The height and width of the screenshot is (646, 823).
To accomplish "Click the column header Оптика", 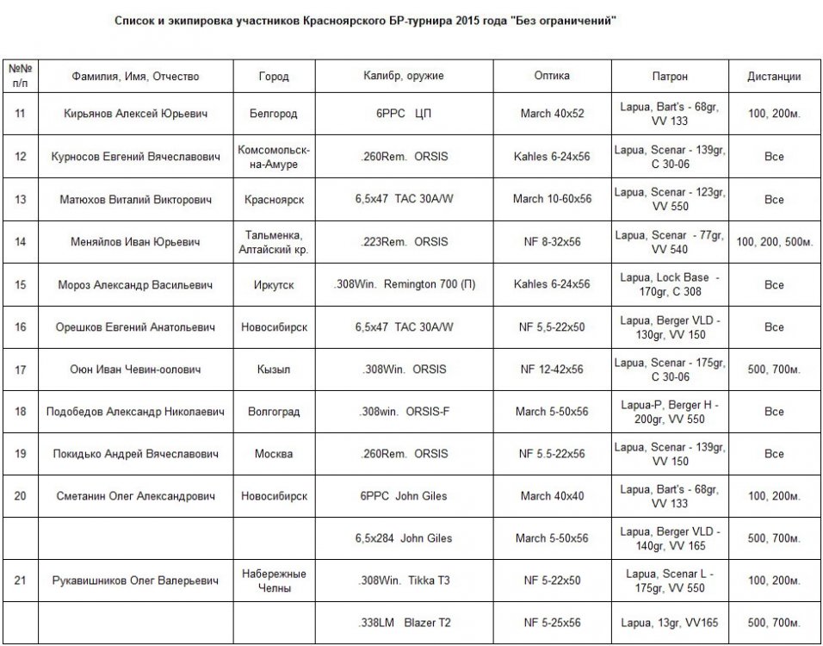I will pyautogui.click(x=551, y=76).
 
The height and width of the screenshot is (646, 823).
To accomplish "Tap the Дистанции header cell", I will pyautogui.click(x=773, y=76).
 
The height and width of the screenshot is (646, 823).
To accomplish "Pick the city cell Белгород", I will pyautogui.click(x=273, y=114).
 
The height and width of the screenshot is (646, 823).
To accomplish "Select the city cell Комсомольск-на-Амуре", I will pyautogui.click(x=273, y=157).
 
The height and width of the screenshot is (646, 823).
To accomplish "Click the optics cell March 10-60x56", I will pyautogui.click(x=552, y=199).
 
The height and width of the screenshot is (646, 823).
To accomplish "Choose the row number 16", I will pyautogui.click(x=20, y=327).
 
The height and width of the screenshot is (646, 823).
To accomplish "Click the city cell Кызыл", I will pyautogui.click(x=273, y=370).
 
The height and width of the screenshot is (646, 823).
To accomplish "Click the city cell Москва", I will pyautogui.click(x=273, y=454).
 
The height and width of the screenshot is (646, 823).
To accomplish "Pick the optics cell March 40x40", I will pyautogui.click(x=552, y=496).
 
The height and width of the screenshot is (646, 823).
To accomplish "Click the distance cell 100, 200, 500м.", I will pyautogui.click(x=773, y=242).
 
